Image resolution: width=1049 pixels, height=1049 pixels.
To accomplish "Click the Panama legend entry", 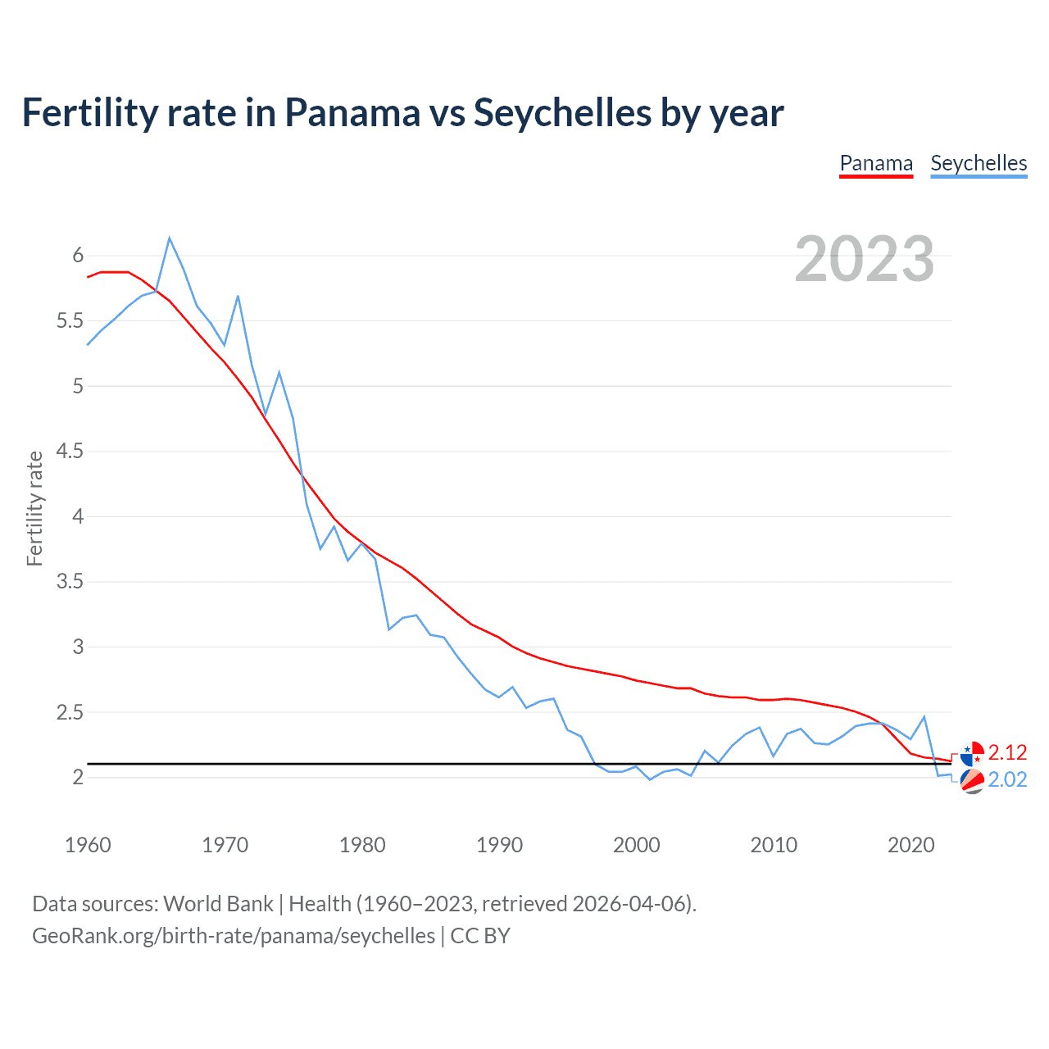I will [876, 163].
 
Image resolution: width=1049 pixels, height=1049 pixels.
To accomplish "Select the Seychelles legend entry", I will [979, 163].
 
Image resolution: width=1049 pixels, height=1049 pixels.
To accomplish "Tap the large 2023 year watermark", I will [865, 259].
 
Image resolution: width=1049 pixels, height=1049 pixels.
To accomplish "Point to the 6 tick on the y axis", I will [78, 256].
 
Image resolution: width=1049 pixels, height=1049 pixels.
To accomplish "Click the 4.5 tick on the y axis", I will [70, 452].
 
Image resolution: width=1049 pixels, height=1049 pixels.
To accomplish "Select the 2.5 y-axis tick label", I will [70, 713].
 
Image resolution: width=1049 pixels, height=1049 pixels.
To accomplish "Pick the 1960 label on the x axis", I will [88, 845].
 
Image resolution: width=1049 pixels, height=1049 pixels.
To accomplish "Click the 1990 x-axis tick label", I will [499, 845].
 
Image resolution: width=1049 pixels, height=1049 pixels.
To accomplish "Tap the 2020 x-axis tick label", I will [910, 845].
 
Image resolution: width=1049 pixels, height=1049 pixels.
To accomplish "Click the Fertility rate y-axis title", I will [34, 508].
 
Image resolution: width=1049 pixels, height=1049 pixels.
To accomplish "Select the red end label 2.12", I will [1007, 752].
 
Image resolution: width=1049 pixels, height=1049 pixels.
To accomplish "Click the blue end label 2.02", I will [1007, 779].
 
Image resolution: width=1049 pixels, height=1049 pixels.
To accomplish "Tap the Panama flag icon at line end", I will [972, 753].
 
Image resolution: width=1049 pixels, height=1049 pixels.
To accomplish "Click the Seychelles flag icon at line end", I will [972, 782].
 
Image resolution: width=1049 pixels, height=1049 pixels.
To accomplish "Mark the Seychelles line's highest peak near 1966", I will [170, 238].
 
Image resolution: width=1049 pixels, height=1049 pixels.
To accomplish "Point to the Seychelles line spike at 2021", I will [924, 717].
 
